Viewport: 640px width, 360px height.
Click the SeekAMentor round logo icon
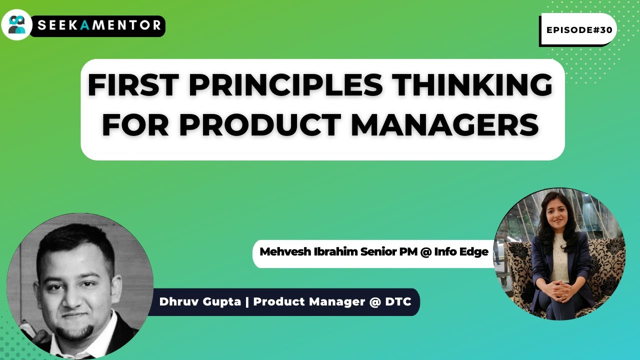click(x=16, y=24)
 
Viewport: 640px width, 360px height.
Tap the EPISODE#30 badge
click(x=579, y=30)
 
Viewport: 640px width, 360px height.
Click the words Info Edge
click(x=461, y=252)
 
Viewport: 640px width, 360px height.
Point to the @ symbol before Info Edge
click(x=425, y=252)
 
